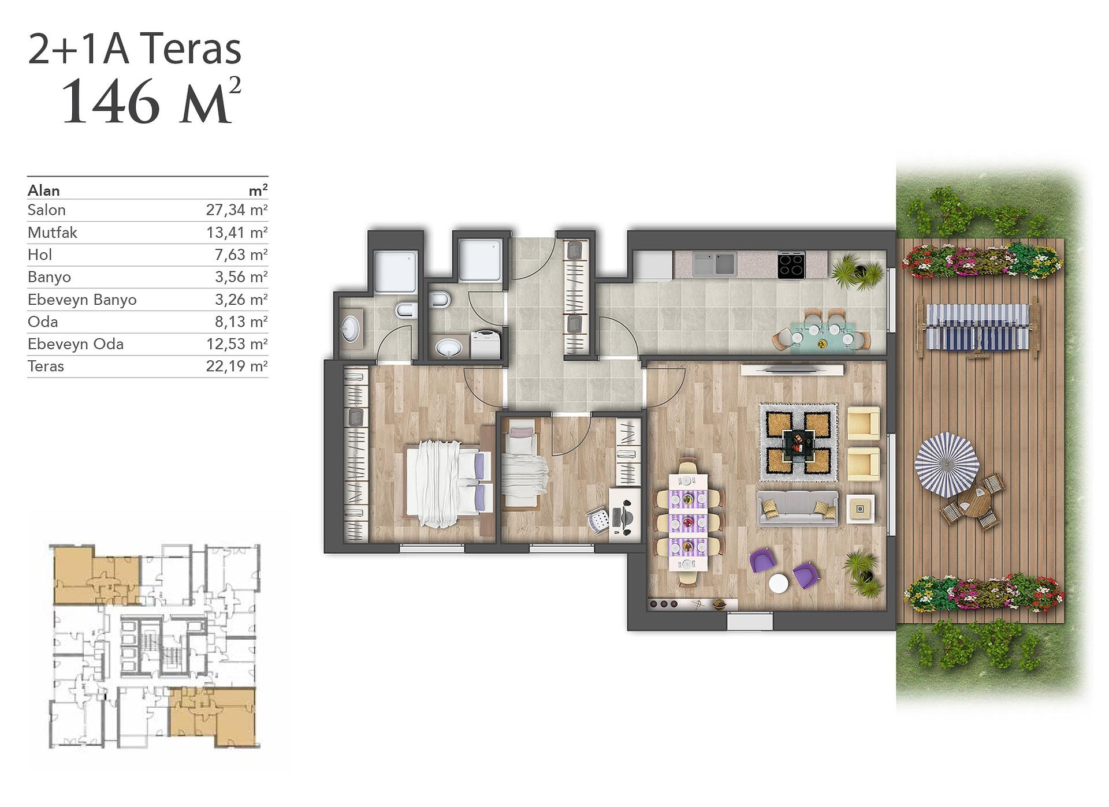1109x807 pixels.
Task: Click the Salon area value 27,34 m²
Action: [x=237, y=210]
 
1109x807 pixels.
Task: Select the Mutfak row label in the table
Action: [x=52, y=232]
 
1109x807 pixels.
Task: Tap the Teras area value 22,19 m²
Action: [x=237, y=366]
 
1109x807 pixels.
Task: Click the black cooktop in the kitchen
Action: [x=791, y=266]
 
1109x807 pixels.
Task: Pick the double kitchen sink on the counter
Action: [x=714, y=263]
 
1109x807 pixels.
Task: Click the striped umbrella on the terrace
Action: [x=947, y=465]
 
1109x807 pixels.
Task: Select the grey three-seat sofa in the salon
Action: [x=798, y=508]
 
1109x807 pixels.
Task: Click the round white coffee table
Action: [x=779, y=583]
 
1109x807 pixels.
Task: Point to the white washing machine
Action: [x=486, y=345]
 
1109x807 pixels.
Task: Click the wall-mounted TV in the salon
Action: [x=791, y=368]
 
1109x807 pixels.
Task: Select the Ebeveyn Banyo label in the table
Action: [x=82, y=300]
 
